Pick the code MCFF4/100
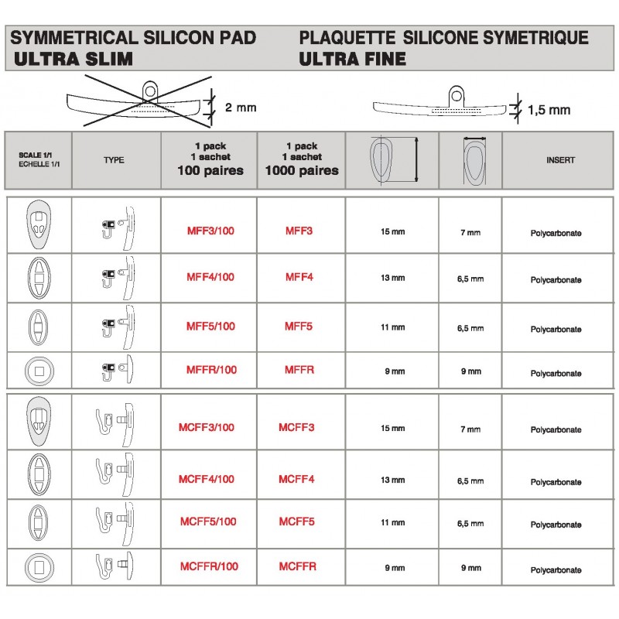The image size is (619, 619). click(x=207, y=479)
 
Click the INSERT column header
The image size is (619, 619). click(x=560, y=160)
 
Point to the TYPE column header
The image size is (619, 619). click(x=113, y=160)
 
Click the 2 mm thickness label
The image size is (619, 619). click(x=240, y=108)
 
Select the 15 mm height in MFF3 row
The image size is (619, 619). click(x=393, y=231)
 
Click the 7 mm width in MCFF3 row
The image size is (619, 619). click(x=470, y=429)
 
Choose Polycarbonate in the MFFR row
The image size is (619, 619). click(x=556, y=374)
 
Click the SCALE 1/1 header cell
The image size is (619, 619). click(x=38, y=159)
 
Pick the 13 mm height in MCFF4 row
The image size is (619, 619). click(x=393, y=480)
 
